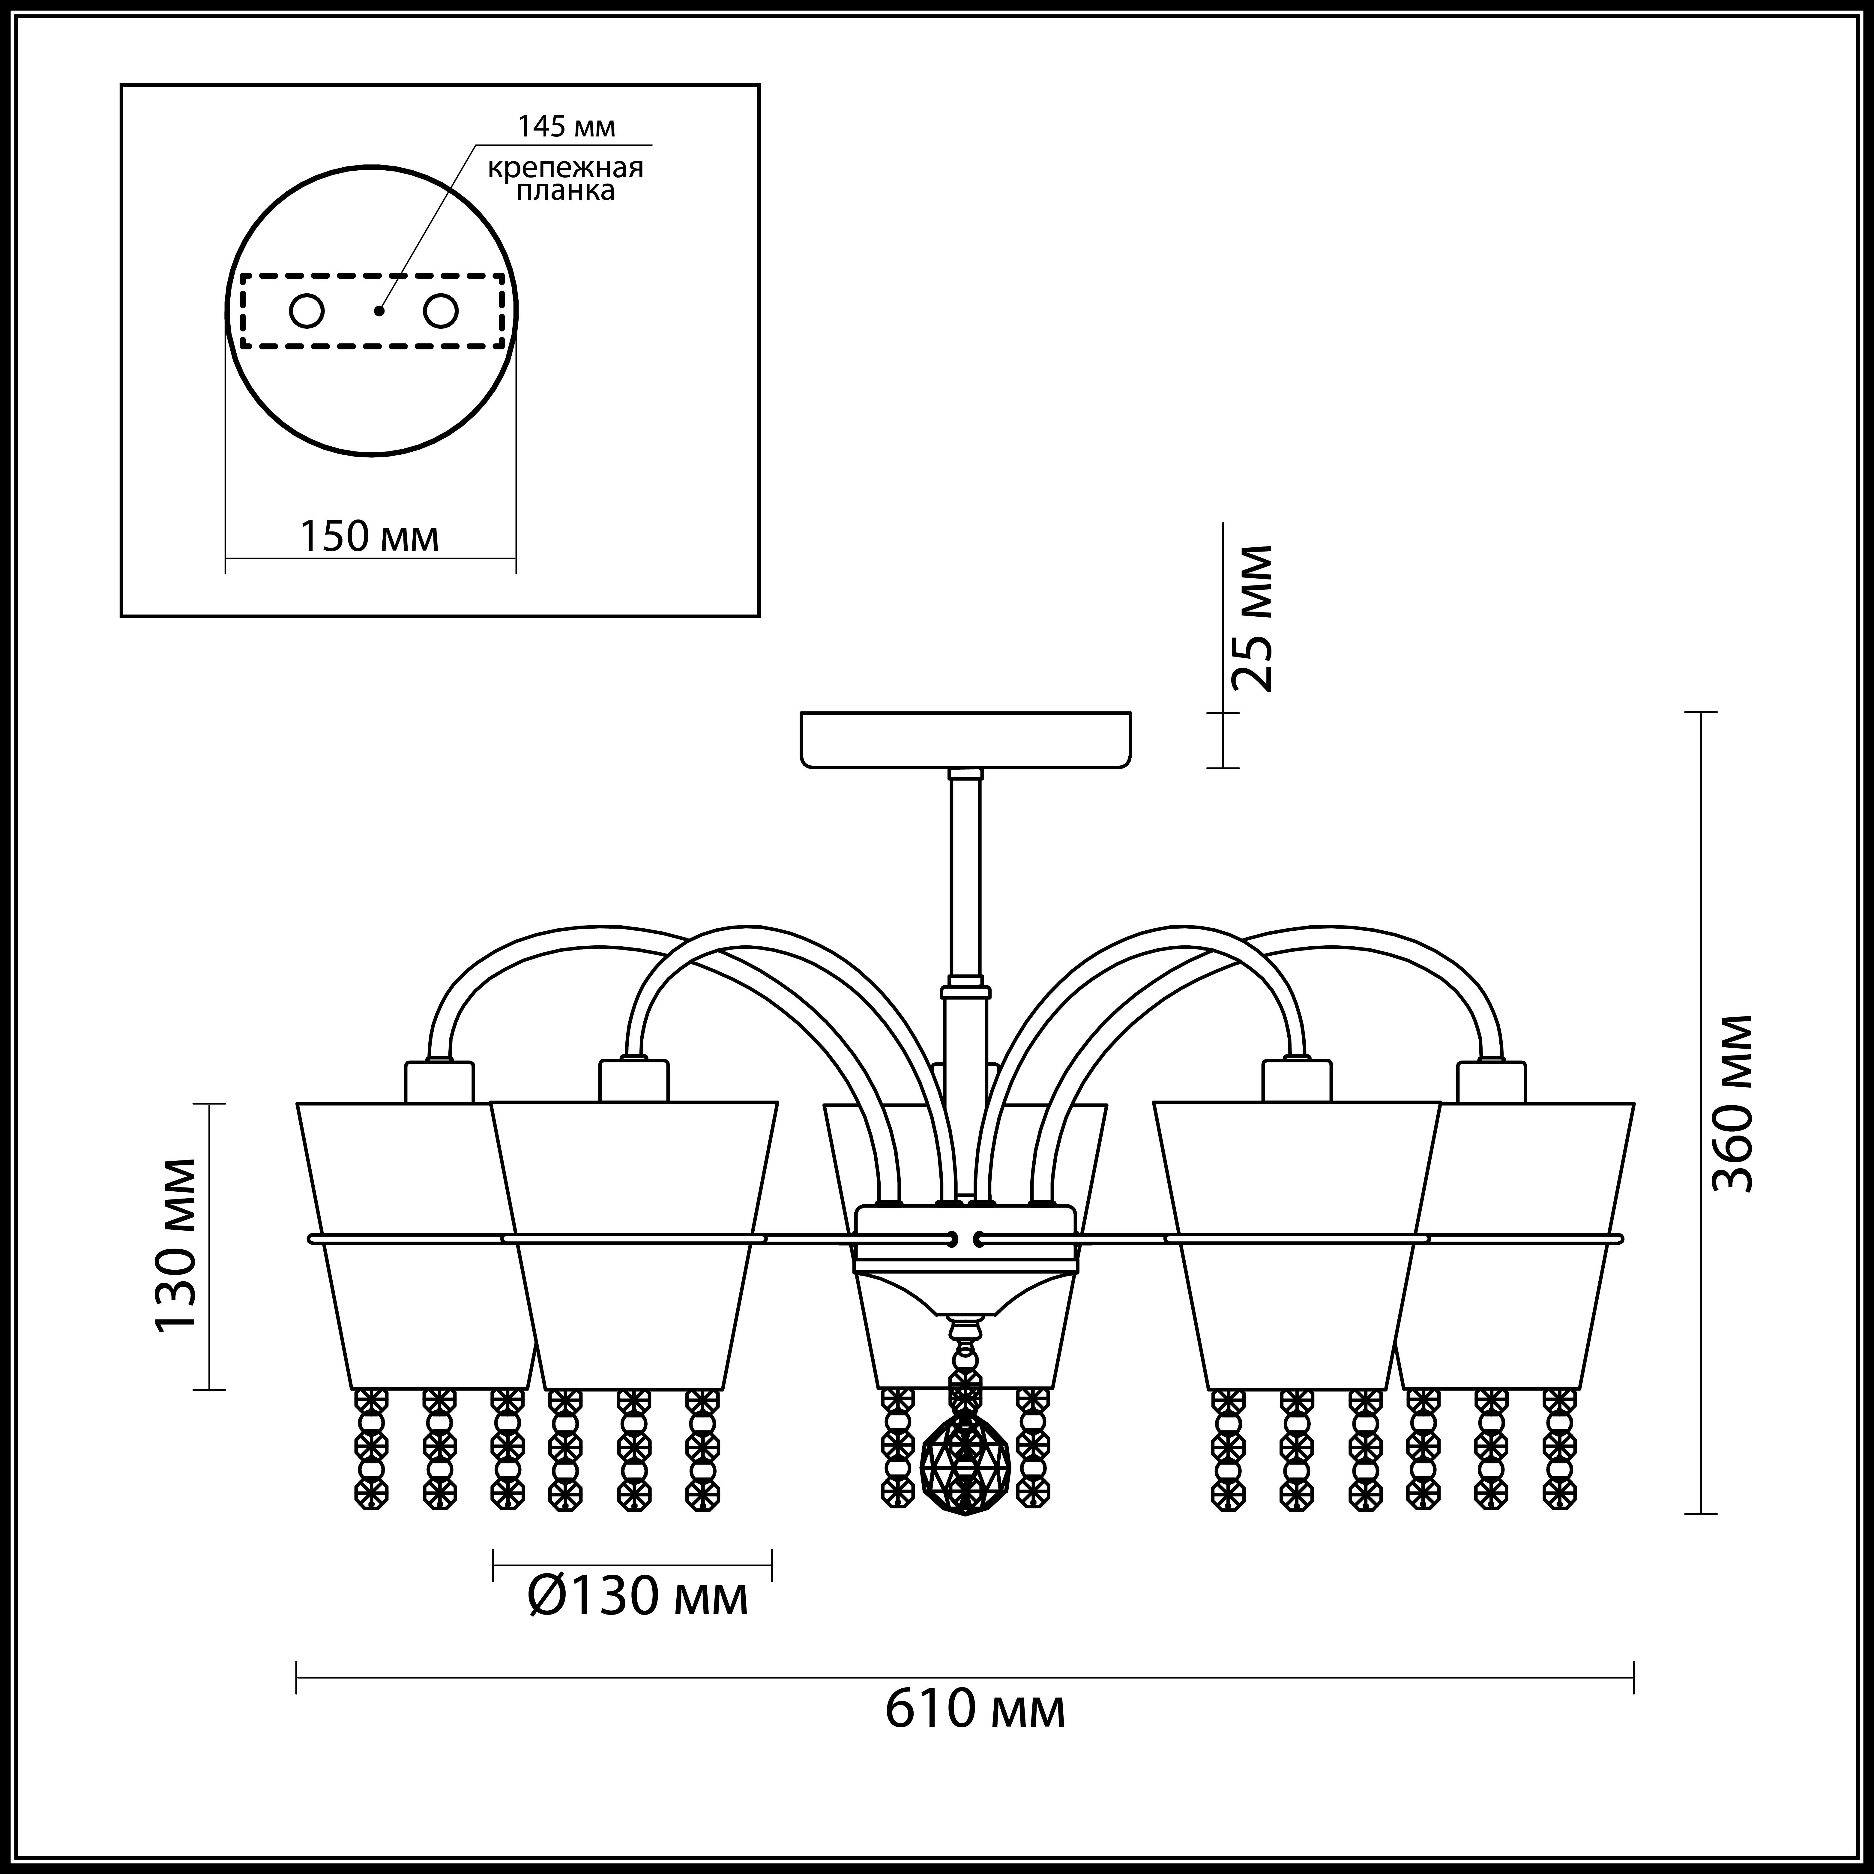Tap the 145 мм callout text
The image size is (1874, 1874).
[567, 126]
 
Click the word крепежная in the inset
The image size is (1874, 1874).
[565, 168]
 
